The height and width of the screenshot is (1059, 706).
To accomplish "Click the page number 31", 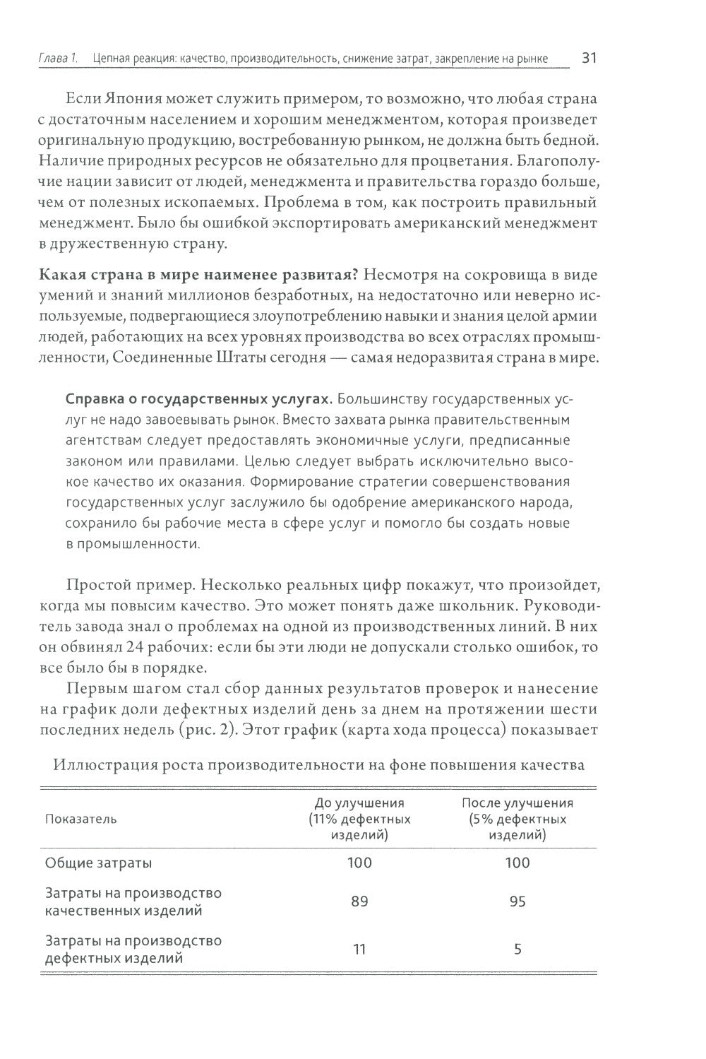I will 590,58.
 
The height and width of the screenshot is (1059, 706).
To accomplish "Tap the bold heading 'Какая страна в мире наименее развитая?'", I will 191,274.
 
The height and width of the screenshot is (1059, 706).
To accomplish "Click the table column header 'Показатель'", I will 81,819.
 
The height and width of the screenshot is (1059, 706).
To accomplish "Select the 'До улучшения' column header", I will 359,803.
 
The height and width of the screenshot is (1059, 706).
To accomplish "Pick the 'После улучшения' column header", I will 517,803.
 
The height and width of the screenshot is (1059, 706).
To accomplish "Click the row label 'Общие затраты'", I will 98,863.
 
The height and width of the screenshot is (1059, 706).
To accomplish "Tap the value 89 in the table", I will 359,902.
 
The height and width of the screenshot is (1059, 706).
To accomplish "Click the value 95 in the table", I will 517,902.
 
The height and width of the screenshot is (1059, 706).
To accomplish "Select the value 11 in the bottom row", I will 359,949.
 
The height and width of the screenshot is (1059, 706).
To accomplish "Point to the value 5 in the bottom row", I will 517,949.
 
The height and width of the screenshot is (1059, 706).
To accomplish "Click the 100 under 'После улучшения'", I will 517,863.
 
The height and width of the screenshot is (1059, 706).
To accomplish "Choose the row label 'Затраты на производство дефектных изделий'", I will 133,949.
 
